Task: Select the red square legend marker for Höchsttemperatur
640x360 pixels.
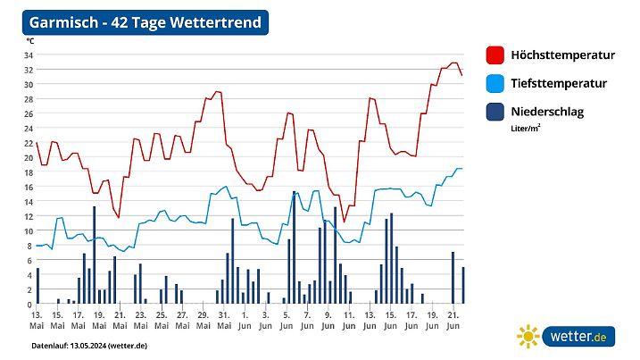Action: tap(495, 55)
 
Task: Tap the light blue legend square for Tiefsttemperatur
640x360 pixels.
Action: tap(495, 84)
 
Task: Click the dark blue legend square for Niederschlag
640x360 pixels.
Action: tap(495, 113)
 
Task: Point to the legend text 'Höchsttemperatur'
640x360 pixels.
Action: tap(562, 55)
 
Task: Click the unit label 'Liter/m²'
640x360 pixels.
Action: tap(526, 129)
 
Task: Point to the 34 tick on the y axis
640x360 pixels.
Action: tap(28, 55)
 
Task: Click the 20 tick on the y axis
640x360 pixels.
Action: tap(28, 158)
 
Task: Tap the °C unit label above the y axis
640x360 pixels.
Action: tap(29, 41)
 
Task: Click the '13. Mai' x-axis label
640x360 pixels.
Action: tap(37, 321)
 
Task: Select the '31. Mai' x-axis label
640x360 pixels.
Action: tap(223, 321)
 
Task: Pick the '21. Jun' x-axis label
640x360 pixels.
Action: tap(453, 321)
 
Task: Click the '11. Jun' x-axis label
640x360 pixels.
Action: tap(348, 321)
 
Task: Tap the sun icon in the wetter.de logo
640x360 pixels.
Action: tap(528, 337)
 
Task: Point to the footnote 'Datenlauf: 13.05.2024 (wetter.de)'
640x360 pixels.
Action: tap(89, 345)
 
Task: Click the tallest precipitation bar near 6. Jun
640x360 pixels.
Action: tap(294, 247)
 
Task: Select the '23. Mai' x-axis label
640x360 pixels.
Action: tap(140, 321)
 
